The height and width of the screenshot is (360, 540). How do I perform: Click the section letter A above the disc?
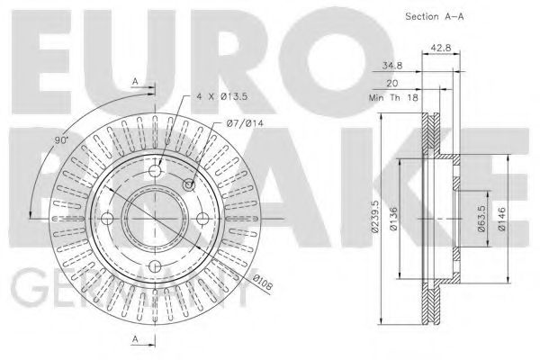point(135,80)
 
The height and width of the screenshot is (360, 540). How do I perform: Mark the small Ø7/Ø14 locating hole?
point(189,185)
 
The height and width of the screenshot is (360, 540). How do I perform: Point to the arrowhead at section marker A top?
point(153,88)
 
